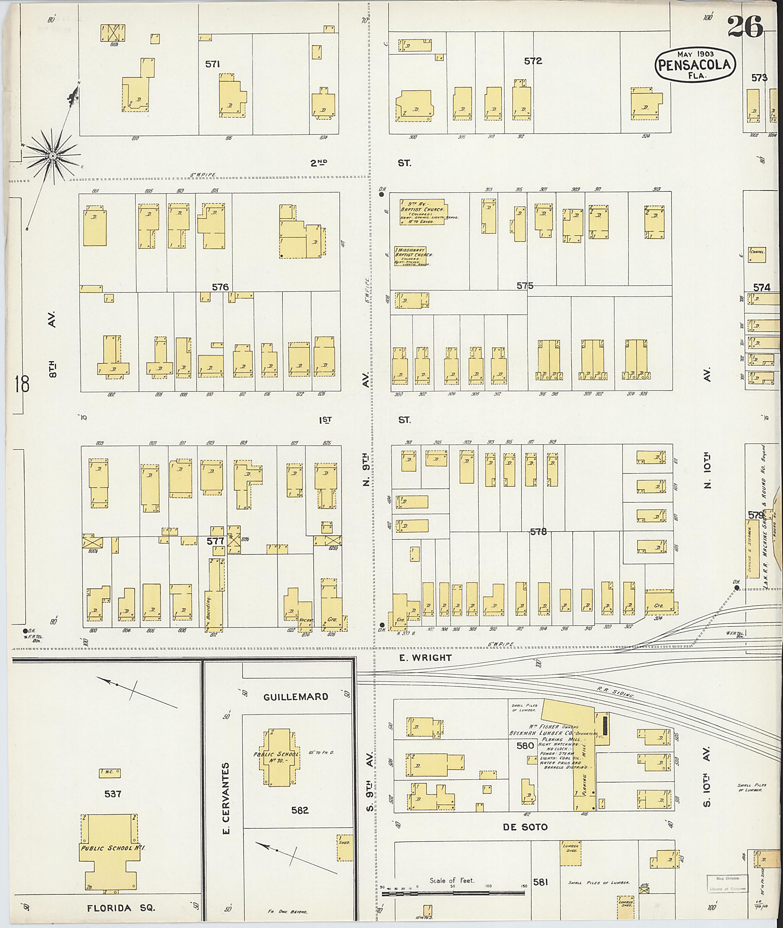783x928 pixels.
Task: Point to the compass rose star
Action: [x=52, y=156]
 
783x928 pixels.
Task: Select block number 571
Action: [x=213, y=64]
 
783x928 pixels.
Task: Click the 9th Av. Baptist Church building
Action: [x=422, y=212]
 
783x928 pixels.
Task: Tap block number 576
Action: [x=220, y=287]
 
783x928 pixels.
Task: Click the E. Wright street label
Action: [x=425, y=658]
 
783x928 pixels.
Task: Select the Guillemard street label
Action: [x=296, y=696]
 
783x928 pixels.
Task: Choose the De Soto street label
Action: [x=525, y=827]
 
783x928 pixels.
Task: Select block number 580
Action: [x=525, y=746]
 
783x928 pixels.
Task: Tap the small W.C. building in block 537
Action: [x=110, y=774]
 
